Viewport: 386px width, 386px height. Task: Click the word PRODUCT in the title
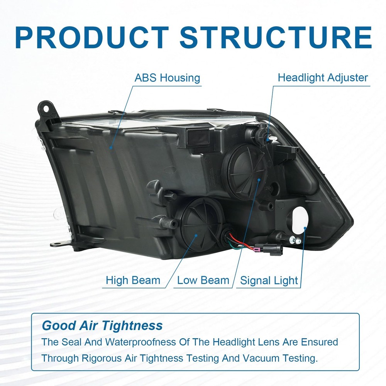[91, 37]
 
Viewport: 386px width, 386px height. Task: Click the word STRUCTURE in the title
[276, 37]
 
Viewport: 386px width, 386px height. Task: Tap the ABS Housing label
[168, 78]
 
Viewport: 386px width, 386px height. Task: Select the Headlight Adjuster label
[323, 78]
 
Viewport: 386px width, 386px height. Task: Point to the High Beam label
[133, 280]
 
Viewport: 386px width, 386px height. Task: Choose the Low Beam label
[203, 280]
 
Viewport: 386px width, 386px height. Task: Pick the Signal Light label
[269, 281]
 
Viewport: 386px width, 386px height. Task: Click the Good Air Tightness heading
[102, 326]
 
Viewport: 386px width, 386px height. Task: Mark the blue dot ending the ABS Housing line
[111, 148]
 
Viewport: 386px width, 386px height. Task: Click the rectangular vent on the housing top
[197, 137]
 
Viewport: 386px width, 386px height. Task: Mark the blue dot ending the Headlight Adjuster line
[267, 140]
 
